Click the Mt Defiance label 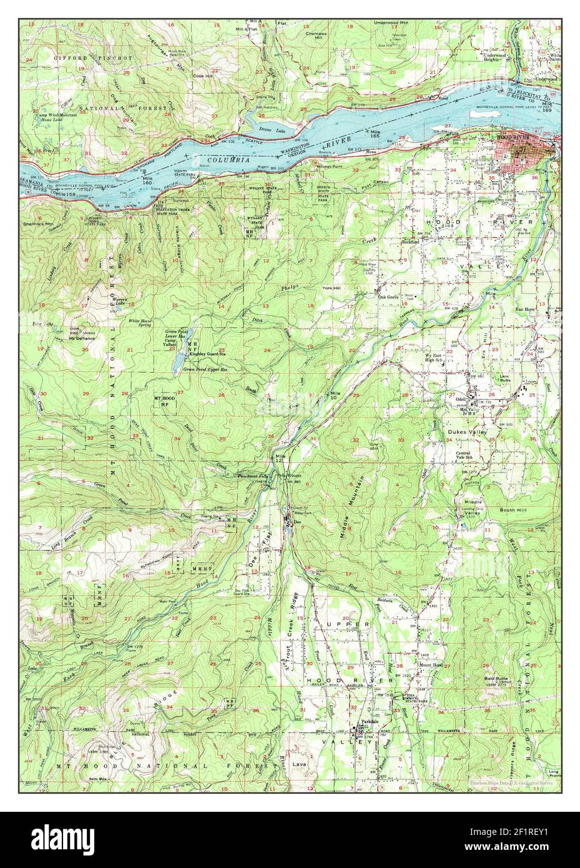(x=82, y=338)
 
